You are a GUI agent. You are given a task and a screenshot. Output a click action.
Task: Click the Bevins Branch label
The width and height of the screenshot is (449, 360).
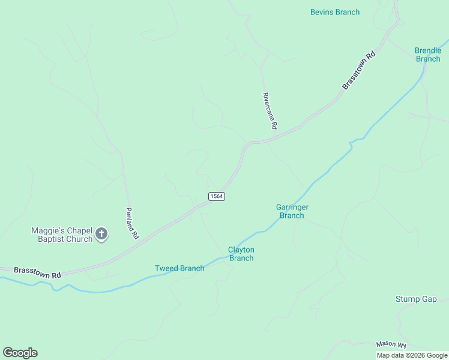click(335, 12)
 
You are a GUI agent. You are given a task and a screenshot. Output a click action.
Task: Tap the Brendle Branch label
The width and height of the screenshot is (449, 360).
click(428, 55)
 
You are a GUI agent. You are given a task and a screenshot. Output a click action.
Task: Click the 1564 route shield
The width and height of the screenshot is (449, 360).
click(217, 196)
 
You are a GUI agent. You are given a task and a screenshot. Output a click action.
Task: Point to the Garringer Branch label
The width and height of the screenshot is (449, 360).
click(292, 211)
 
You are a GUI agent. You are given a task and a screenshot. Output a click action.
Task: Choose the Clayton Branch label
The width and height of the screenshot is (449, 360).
click(241, 254)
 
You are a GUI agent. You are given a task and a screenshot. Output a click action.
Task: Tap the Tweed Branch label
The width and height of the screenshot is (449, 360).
click(179, 268)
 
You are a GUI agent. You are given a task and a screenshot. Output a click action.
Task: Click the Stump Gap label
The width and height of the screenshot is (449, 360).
click(416, 299)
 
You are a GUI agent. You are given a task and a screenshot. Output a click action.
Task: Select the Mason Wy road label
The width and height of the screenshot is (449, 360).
click(391, 344)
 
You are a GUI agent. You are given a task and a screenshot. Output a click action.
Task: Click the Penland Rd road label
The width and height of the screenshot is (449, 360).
click(132, 223)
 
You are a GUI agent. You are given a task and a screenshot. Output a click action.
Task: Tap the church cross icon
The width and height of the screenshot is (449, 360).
click(101, 235)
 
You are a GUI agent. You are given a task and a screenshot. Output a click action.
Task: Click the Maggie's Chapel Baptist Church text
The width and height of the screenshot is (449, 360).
click(62, 235)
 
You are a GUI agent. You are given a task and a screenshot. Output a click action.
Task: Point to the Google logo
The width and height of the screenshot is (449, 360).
click(20, 353)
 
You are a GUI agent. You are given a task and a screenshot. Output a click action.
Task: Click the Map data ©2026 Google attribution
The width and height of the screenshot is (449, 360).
click(412, 355)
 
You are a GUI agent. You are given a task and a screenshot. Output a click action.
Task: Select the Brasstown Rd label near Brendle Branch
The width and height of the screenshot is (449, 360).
click(359, 70)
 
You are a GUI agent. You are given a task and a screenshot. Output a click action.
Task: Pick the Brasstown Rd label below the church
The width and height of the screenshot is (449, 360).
click(37, 272)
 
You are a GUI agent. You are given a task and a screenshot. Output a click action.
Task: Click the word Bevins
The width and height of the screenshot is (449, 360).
click(322, 12)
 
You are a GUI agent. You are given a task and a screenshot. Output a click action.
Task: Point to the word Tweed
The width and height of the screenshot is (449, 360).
click(166, 268)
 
